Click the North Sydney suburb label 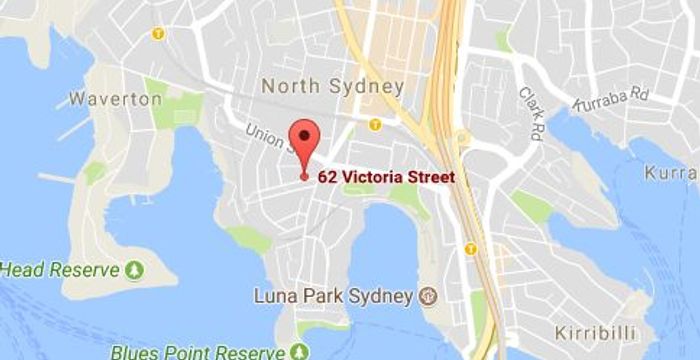coord(332,86)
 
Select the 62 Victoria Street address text coord(385,177)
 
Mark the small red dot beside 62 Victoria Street coord(304,177)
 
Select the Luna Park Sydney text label coord(333,296)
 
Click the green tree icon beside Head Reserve coord(135,270)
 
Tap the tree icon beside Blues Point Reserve coord(296,352)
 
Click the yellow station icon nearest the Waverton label coord(157,34)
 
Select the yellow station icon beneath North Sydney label coord(374,125)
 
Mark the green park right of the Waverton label coord(184,109)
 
